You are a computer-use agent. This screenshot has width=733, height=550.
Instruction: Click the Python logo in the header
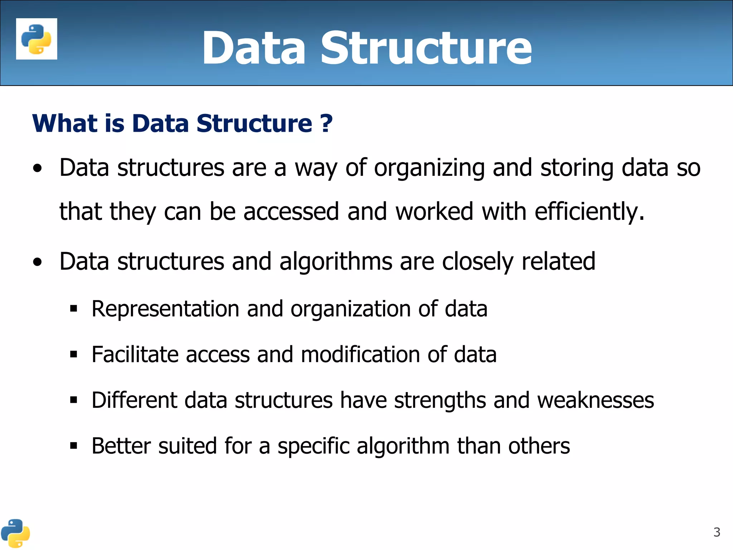pyautogui.click(x=37, y=39)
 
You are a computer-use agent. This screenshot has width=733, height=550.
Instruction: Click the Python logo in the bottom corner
pyautogui.click(x=15, y=533)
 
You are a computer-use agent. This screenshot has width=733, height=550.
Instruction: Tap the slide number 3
pyautogui.click(x=717, y=532)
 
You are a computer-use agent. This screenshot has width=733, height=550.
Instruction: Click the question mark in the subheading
pyautogui.click(x=326, y=124)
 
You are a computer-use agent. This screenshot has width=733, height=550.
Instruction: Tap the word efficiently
pyautogui.click(x=589, y=211)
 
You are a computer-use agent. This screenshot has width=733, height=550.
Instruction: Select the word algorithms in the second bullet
pyautogui.click(x=336, y=261)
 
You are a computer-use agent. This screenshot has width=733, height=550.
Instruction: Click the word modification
pyautogui.click(x=360, y=354)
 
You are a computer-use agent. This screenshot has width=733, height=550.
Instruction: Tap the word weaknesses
pyautogui.click(x=596, y=400)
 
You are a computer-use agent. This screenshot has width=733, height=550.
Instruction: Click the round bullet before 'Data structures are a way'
pyautogui.click(x=37, y=168)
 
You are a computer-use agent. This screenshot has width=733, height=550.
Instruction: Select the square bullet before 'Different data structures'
pyautogui.click(x=74, y=400)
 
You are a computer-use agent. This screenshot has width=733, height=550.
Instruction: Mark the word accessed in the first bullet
pyautogui.click(x=291, y=211)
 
